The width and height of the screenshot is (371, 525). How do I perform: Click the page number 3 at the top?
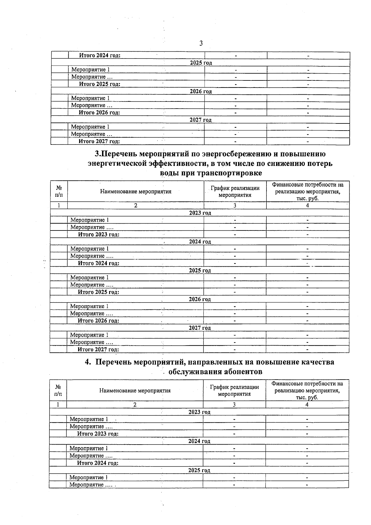201,43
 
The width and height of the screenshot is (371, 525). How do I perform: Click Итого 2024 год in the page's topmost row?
100,55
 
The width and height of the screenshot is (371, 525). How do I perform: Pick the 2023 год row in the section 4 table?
199,412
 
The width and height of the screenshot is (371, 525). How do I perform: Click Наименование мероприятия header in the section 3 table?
136,191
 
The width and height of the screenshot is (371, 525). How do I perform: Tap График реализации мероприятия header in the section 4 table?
234,390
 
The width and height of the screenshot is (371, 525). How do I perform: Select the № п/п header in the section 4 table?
58,390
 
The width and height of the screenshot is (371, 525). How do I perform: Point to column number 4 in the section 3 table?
308,205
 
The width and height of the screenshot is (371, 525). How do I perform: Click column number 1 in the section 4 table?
58,404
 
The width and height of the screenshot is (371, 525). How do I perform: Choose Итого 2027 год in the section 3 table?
98,350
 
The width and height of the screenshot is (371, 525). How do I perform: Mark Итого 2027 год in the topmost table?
99,141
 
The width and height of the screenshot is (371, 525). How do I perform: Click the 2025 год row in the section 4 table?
199,470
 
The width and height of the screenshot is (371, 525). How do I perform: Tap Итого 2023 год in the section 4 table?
98,434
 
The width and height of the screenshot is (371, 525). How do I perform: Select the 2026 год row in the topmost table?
201,91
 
